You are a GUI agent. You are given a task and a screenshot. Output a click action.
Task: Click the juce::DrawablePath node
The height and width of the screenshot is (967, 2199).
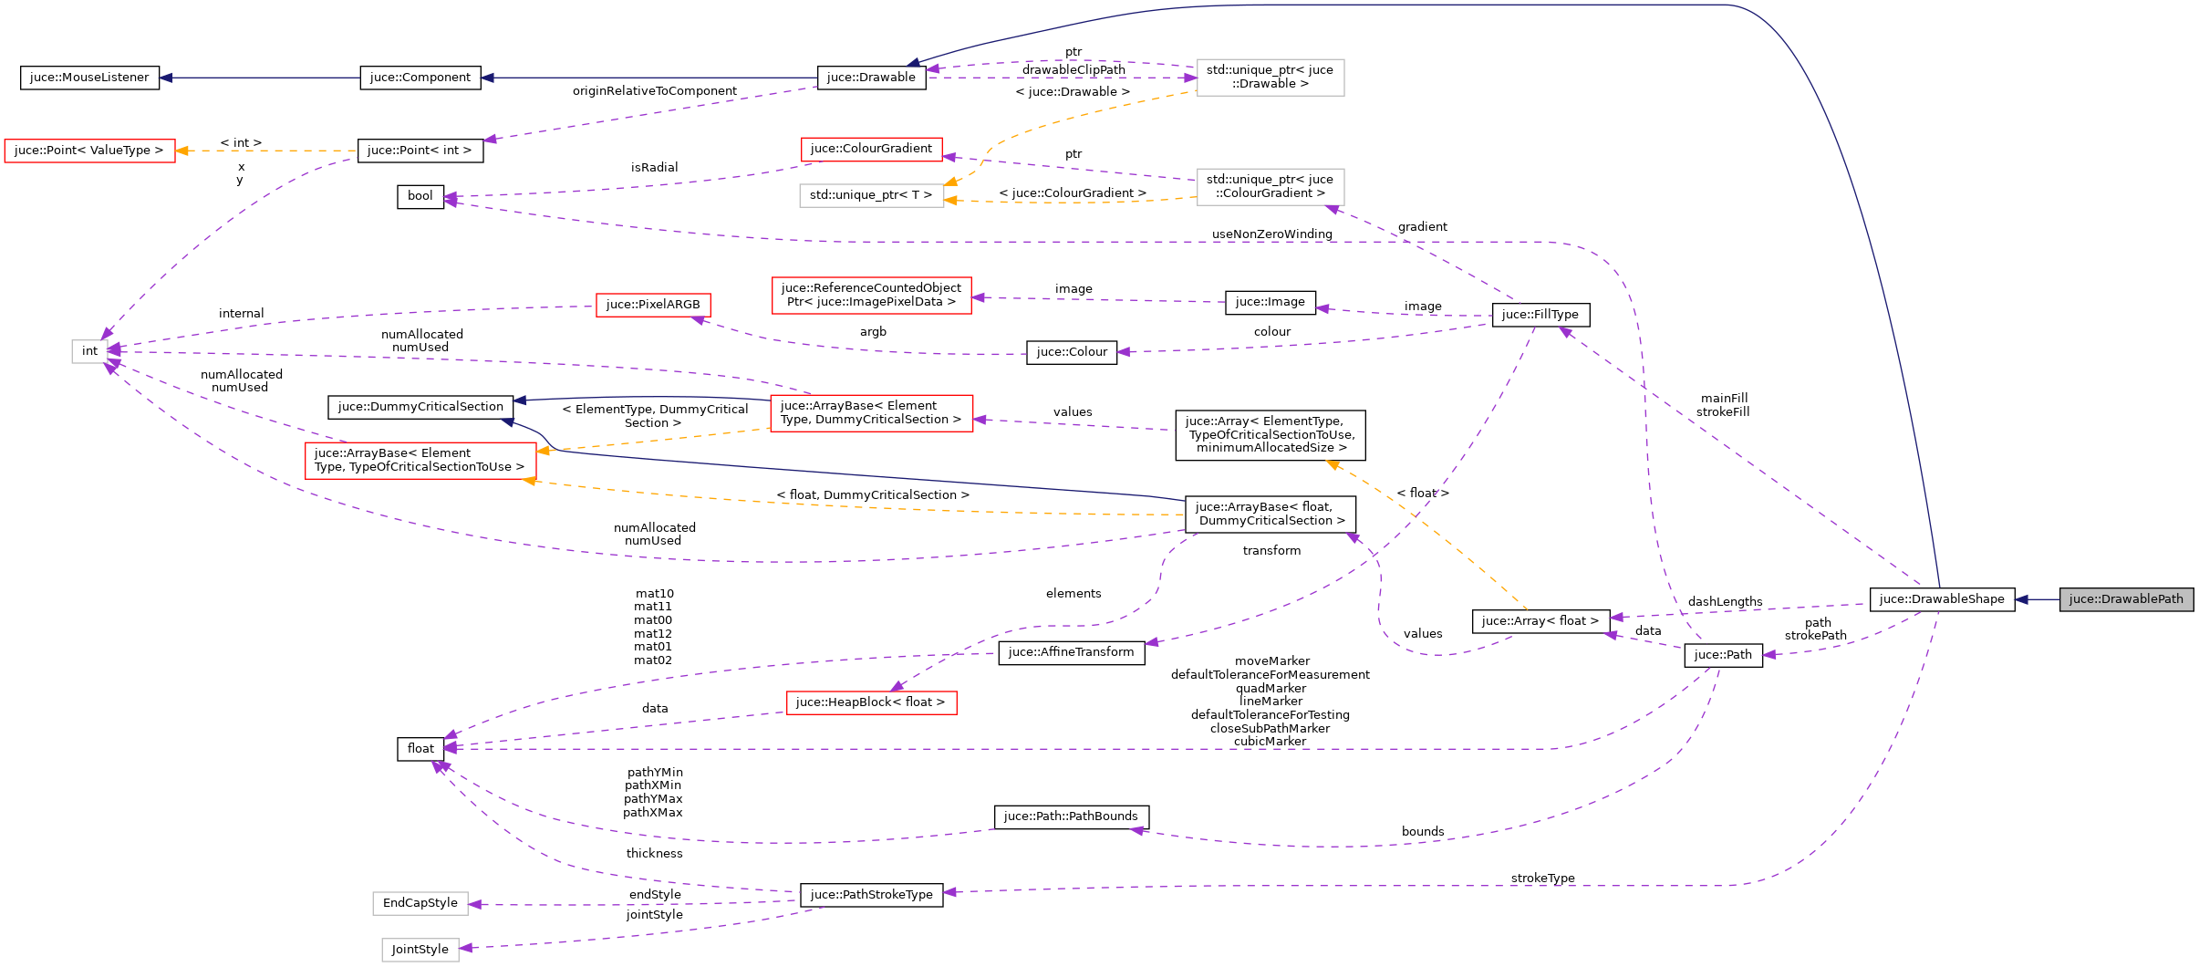(2125, 599)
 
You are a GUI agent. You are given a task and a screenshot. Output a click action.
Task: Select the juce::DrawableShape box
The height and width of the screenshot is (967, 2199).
(1941, 599)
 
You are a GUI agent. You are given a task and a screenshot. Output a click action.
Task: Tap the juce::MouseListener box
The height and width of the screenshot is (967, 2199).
(89, 78)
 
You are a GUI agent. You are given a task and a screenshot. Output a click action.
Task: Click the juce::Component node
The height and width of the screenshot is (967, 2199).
(420, 78)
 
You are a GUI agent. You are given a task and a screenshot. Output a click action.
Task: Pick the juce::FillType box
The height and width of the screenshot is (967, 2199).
(1540, 315)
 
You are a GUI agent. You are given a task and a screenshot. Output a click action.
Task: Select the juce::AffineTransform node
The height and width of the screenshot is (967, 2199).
(1071, 652)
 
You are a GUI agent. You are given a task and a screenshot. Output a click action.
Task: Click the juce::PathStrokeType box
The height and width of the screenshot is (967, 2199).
(871, 895)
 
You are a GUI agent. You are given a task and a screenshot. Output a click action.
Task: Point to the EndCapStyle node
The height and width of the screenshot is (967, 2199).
(420, 903)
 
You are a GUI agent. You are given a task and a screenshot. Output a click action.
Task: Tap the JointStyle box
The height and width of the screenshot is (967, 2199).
(420, 950)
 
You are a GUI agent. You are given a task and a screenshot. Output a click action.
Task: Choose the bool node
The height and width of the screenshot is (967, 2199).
(420, 196)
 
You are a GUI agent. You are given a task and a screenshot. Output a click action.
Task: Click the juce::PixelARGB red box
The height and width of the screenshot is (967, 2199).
(652, 305)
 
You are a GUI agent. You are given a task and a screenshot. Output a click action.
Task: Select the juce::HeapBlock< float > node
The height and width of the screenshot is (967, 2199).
(870, 702)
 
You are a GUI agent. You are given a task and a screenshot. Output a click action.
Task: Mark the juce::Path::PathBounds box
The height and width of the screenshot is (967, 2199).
(1071, 816)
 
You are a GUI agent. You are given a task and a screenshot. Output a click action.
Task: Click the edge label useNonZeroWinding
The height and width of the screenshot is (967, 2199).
(1271, 234)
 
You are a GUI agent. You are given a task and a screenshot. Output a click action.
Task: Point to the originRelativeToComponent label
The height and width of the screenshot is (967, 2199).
(654, 91)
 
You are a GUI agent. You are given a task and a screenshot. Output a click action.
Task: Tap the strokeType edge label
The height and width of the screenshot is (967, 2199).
(1542, 879)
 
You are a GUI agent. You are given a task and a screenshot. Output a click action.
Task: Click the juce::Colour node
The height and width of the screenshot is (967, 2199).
(1071, 352)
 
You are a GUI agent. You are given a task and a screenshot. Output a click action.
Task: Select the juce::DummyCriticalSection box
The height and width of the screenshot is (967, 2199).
(420, 407)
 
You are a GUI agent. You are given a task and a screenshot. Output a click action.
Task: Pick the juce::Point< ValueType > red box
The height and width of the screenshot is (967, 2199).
(89, 151)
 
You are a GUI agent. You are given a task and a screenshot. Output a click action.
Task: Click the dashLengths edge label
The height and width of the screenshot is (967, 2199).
(1725, 602)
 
